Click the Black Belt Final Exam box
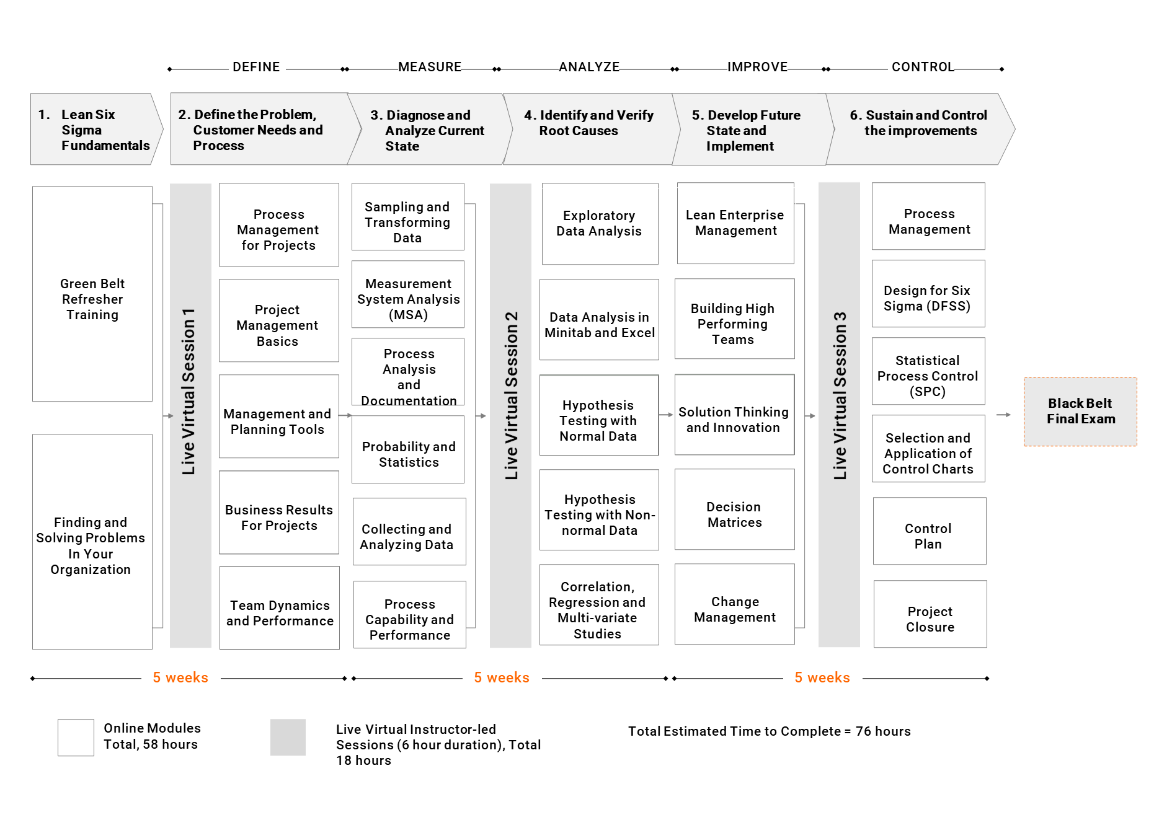[x=1080, y=412]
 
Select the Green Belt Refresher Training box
[x=92, y=294]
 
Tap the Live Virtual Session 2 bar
[x=510, y=415]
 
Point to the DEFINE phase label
[x=256, y=67]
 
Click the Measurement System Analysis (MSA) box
[x=408, y=294]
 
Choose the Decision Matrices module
[x=735, y=509]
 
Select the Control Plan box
[x=930, y=531]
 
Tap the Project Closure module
[x=930, y=614]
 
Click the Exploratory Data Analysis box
[x=600, y=224]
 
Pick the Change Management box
[x=735, y=604]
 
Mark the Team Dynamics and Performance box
[x=280, y=608]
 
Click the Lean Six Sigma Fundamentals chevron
[x=97, y=129]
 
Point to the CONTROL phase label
[x=923, y=67]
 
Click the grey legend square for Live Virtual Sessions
[x=288, y=738]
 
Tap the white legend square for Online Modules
[x=76, y=738]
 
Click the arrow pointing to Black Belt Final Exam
[x=1003, y=415]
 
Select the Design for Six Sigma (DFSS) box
[x=928, y=294]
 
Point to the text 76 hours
[x=883, y=731]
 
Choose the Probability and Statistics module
[x=408, y=449]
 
